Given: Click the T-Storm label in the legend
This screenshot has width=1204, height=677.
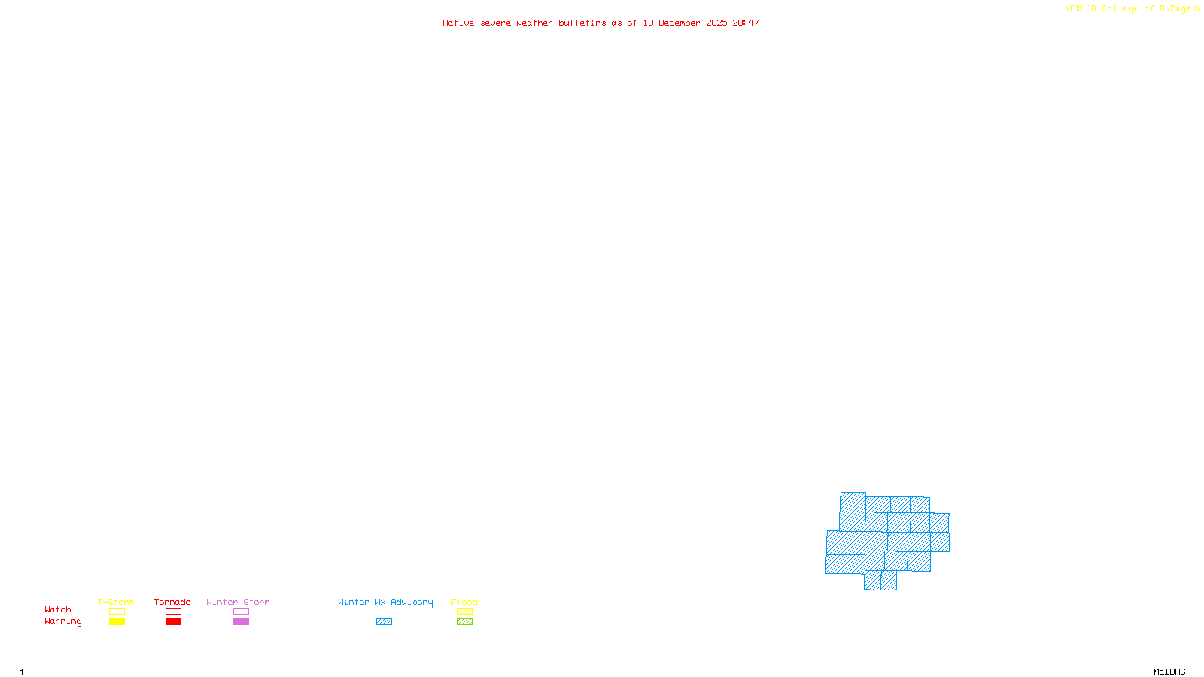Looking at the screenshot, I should (x=116, y=602).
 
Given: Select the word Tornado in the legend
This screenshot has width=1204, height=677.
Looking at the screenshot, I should (x=172, y=602).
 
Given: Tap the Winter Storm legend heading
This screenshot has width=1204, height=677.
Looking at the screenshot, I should (x=238, y=602).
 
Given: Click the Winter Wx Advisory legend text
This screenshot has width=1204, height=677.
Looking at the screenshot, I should (x=385, y=602).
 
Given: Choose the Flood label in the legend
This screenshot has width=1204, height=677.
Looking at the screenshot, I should (x=464, y=602).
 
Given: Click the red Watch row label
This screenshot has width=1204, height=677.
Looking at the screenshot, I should (x=58, y=609).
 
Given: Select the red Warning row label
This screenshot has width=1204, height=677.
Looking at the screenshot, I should (x=63, y=621).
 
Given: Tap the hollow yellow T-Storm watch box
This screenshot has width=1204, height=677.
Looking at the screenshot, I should (x=117, y=612).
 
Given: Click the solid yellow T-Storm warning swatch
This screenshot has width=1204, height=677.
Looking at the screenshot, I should (x=117, y=622).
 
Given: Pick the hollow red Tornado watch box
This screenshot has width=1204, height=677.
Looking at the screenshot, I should (x=173, y=612).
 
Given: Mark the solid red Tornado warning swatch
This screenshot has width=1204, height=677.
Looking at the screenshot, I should (x=173, y=622).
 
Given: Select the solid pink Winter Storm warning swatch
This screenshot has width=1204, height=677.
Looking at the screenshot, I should (x=241, y=622).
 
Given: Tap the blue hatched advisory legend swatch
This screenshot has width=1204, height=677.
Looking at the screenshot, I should (x=384, y=622).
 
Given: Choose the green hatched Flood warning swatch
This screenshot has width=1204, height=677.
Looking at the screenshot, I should (x=464, y=622).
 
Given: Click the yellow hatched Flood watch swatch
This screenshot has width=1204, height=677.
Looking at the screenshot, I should (x=464, y=612).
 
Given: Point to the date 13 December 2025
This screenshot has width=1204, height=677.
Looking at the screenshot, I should (x=685, y=23).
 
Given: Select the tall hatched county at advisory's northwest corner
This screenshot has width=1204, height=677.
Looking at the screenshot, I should (x=853, y=512).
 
